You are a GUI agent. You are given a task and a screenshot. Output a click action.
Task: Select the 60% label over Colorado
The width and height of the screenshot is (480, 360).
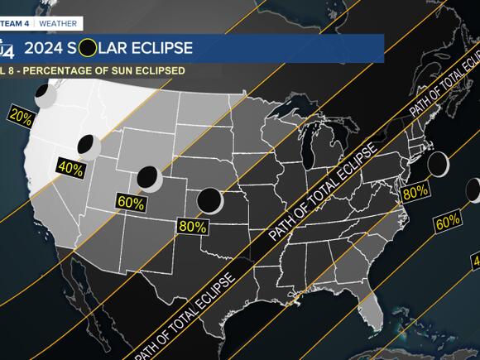[x=131, y=202]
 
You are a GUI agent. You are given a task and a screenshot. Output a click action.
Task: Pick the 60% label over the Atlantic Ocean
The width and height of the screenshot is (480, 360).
[x=448, y=221]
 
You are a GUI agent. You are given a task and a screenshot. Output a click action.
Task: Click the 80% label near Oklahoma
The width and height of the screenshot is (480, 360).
[x=192, y=225]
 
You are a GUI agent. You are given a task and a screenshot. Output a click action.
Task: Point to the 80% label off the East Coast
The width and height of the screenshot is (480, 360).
[x=415, y=192]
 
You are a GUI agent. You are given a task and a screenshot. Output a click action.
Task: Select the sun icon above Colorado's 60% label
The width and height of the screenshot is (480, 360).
[x=148, y=176]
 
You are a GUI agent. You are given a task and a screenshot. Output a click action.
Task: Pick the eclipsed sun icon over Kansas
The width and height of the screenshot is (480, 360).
[x=209, y=199]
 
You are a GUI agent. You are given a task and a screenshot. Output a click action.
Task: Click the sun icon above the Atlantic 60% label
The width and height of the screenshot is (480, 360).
[x=473, y=191]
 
